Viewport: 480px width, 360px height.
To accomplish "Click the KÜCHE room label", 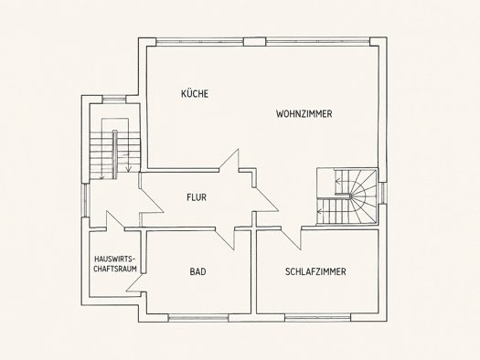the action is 195,93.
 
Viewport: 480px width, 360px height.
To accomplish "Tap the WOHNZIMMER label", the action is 304,114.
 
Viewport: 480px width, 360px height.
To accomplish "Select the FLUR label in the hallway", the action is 197,197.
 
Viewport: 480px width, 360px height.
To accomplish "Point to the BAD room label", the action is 197,271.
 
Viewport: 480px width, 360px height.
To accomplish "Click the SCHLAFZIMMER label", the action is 315,271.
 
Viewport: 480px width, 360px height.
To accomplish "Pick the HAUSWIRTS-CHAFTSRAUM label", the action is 115,264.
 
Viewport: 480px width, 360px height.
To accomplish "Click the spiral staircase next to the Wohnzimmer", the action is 347,196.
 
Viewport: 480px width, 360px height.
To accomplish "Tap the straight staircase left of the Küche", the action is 115,148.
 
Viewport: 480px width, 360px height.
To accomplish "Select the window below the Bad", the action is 198,318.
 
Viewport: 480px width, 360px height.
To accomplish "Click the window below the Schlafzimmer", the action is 317,318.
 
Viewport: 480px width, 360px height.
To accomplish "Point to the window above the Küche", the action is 200,42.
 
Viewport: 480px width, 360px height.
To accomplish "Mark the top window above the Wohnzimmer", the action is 318,42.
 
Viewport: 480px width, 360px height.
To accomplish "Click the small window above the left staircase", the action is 114,99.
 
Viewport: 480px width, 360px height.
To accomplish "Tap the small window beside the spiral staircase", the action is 382,193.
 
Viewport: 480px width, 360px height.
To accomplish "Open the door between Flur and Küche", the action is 229,161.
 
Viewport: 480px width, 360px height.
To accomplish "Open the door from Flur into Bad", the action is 225,238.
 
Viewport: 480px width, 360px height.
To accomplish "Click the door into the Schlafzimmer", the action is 291,238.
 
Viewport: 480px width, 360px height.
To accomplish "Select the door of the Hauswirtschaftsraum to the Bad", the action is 135,283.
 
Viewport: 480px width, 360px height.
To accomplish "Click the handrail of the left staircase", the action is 115,154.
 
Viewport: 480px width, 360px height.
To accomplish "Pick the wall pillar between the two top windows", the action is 255,42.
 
